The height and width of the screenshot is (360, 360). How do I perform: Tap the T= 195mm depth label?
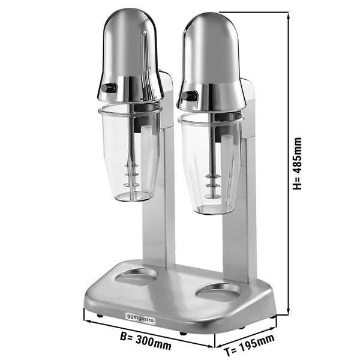tap(246, 343)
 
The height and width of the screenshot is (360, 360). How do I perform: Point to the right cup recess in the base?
tap(218, 292)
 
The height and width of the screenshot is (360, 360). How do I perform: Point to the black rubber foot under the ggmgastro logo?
tap(100, 316)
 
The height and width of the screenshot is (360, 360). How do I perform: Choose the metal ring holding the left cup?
tap(129, 110)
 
